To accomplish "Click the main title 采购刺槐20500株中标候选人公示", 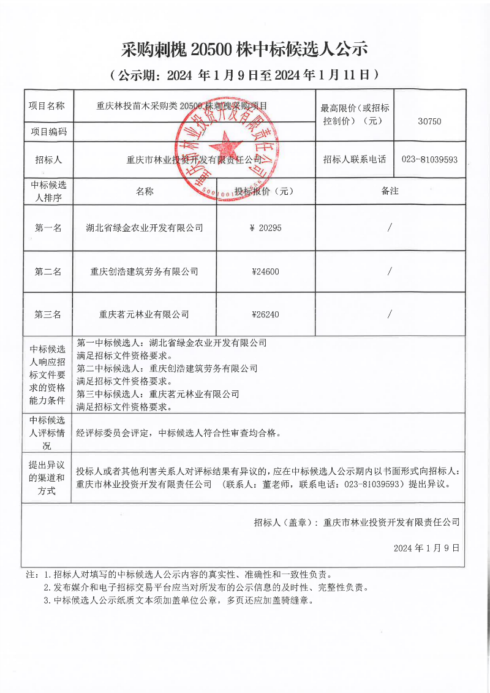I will pyautogui.click(x=244, y=48).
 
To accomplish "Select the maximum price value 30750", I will pyautogui.click(x=429, y=121).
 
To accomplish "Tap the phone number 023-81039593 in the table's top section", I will pyautogui.click(x=429, y=159).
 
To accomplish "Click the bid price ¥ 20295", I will pyautogui.click(x=266, y=228).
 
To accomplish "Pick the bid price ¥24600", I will pyautogui.click(x=265, y=271).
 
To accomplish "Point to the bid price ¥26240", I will pyautogui.click(x=265, y=314).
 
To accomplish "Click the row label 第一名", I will pyautogui.click(x=48, y=228).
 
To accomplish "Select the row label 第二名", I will pyautogui.click(x=48, y=271).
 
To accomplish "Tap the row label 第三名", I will pyautogui.click(x=48, y=314).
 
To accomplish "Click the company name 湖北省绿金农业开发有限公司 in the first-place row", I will pyautogui.click(x=145, y=228).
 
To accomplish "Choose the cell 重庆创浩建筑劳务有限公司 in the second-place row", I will pyautogui.click(x=145, y=271).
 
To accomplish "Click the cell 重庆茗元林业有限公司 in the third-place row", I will pyautogui.click(x=145, y=314).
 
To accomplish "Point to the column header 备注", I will pyautogui.click(x=390, y=191).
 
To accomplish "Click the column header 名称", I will pyautogui.click(x=145, y=191).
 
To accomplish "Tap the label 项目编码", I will pyautogui.click(x=48, y=131).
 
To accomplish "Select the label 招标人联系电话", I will pyautogui.click(x=355, y=159).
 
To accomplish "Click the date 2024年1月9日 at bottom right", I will pyautogui.click(x=426, y=547).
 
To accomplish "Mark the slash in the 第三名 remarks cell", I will pyautogui.click(x=390, y=314).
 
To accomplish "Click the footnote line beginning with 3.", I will pyautogui.click(x=178, y=600).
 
